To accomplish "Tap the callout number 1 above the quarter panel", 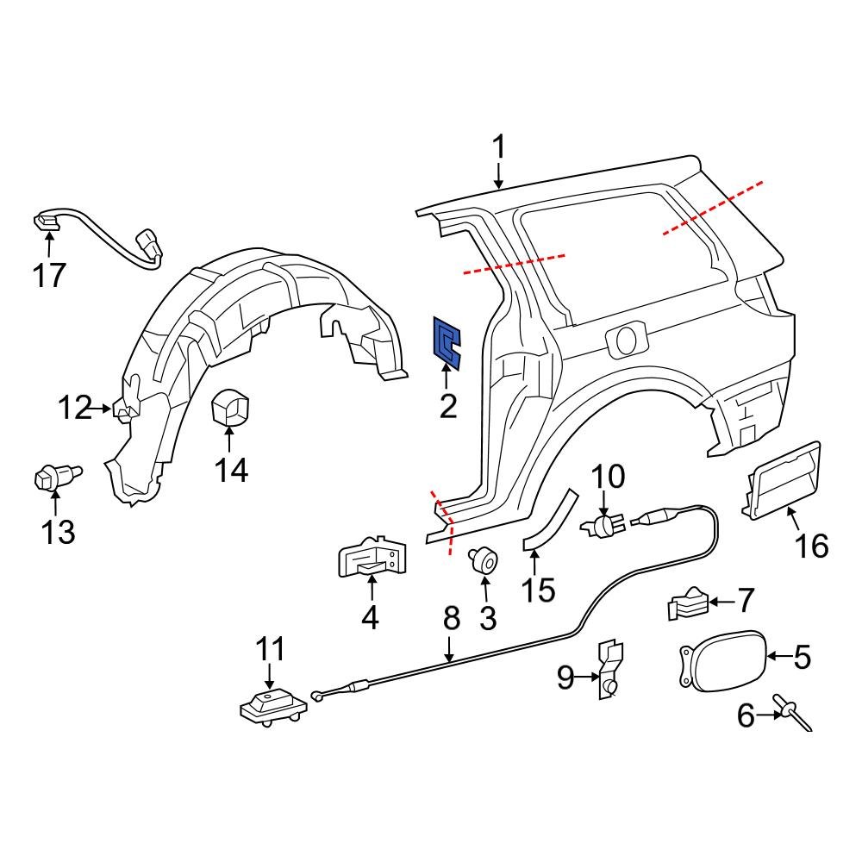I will pyautogui.click(x=499, y=147).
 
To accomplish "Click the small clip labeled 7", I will pyautogui.click(x=689, y=603).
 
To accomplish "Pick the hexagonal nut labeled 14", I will pyautogui.click(x=229, y=408).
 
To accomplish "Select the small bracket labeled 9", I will pyautogui.click(x=609, y=671).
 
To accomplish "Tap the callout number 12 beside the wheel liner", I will pyautogui.click(x=74, y=407).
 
